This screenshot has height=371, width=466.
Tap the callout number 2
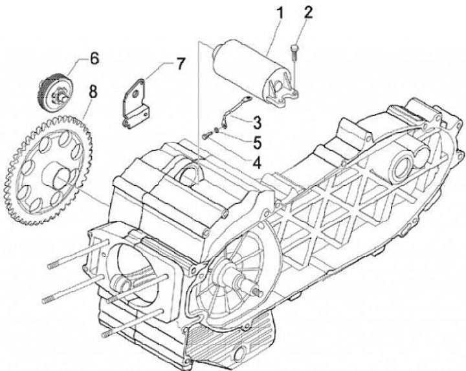[x=308, y=12]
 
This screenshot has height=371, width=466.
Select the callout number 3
[x=256, y=120]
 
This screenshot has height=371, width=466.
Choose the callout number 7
[x=179, y=63]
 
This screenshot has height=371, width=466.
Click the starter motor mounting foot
[x=285, y=94]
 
